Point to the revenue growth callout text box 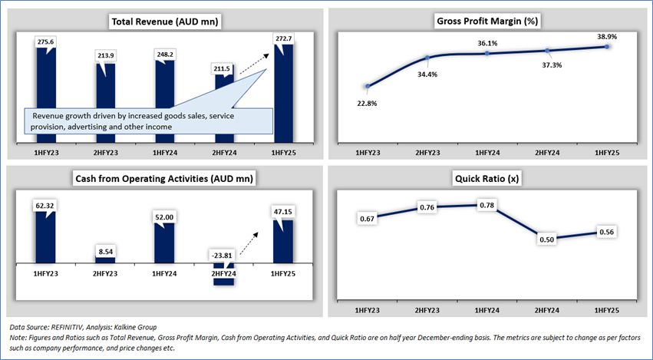[150, 121]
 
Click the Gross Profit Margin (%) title [488, 21]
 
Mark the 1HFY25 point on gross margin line [607, 47]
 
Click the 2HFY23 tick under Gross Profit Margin [427, 154]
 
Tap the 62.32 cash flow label [48, 205]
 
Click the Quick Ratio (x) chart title [488, 179]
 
